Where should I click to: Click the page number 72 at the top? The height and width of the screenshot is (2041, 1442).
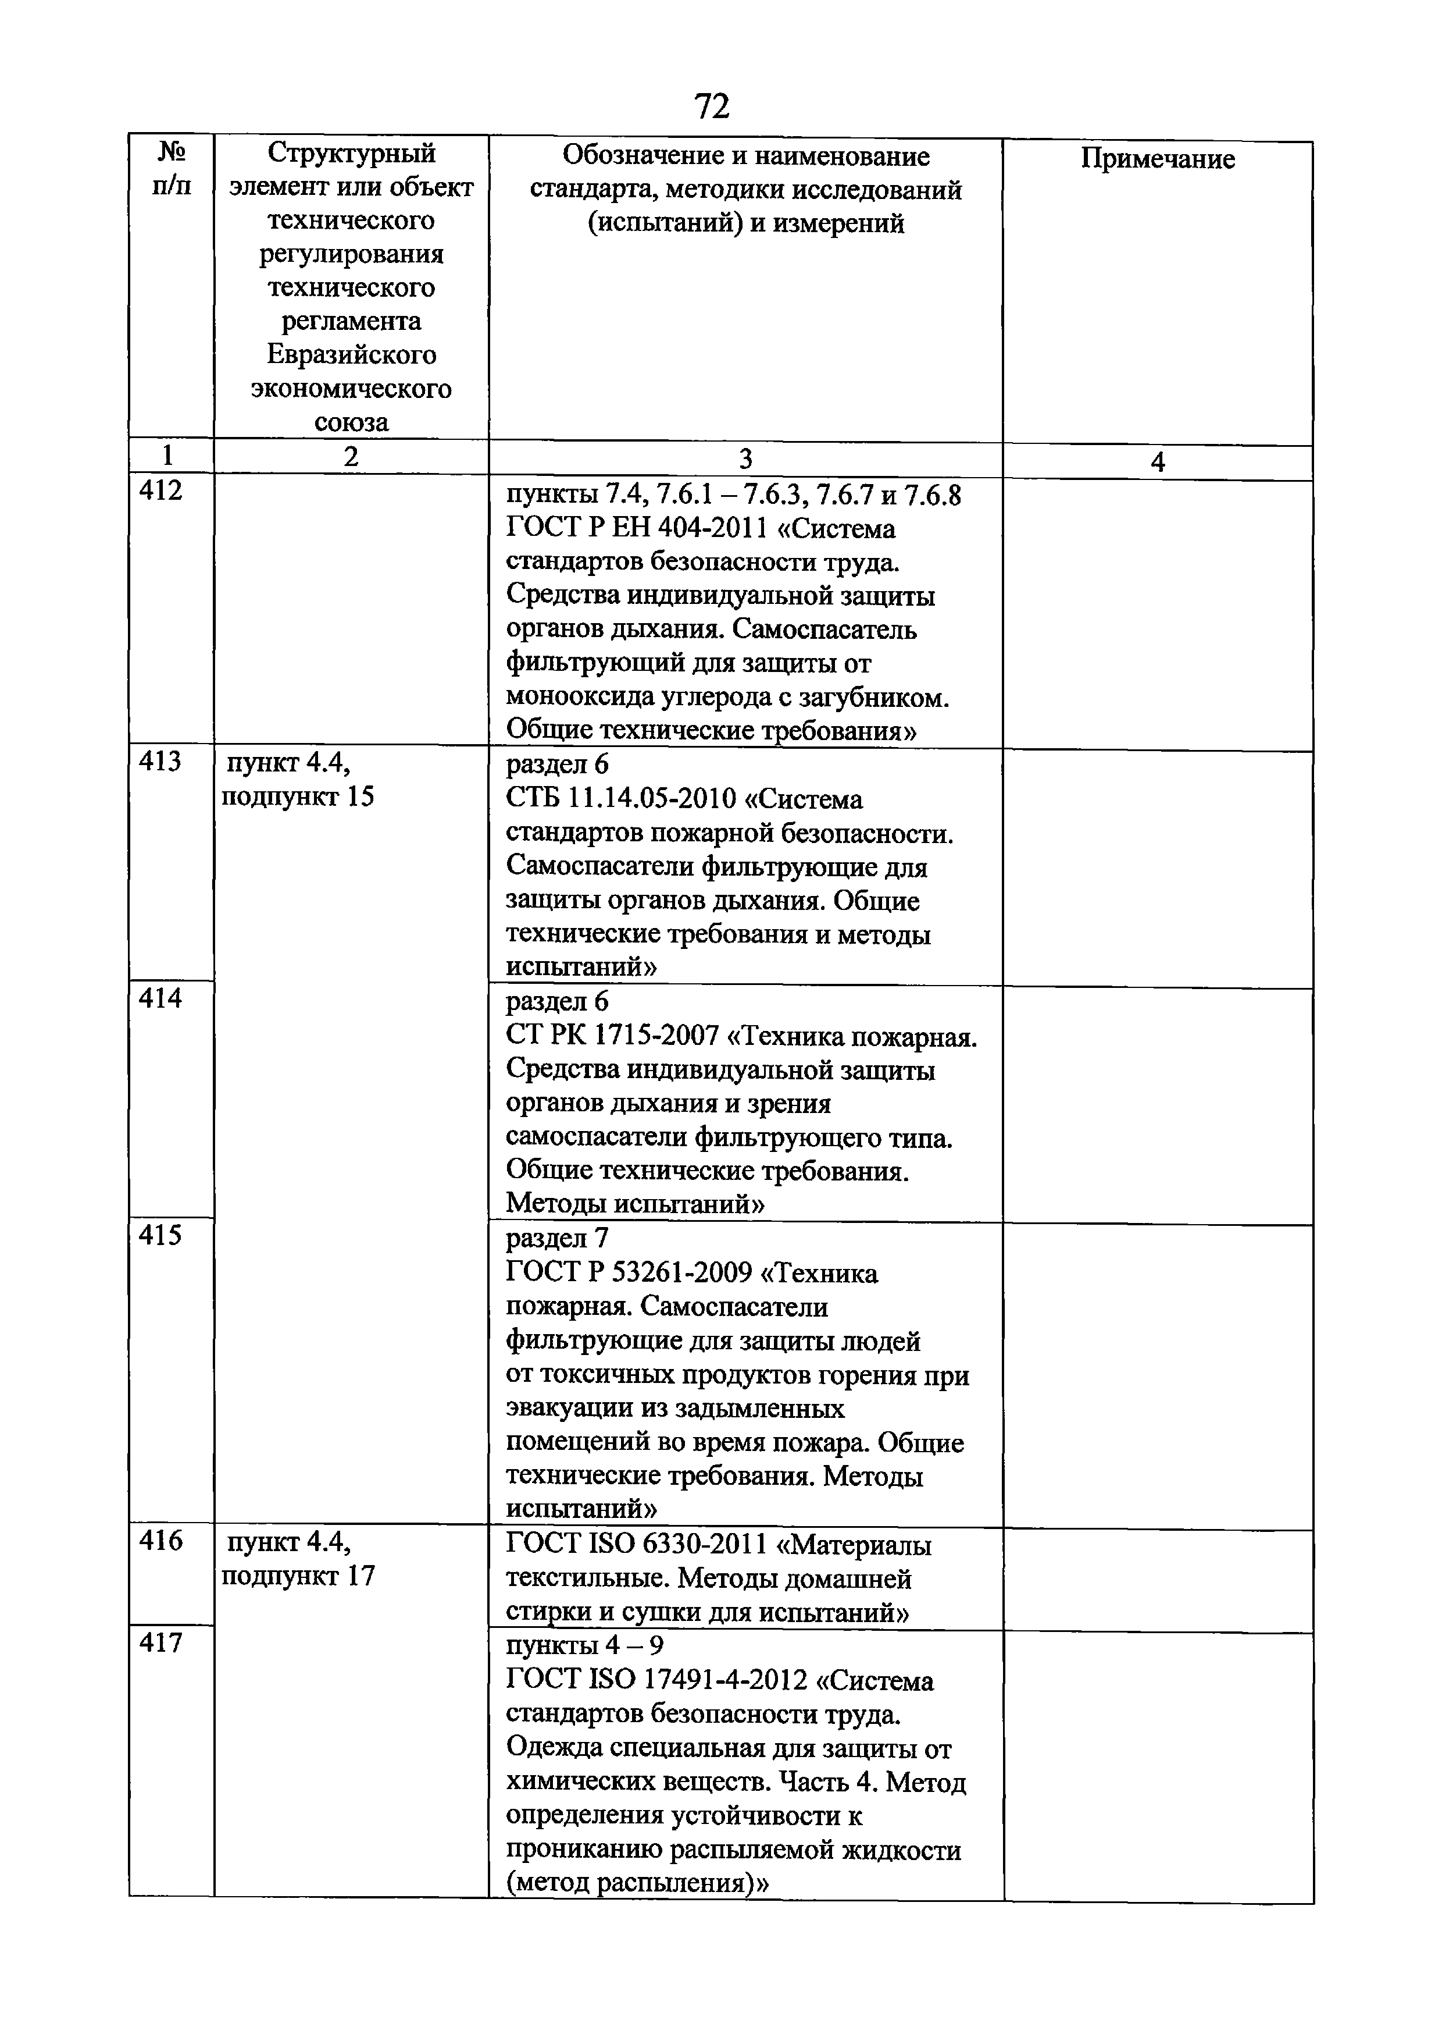point(712,106)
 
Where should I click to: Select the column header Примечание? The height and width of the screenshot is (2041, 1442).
point(1157,159)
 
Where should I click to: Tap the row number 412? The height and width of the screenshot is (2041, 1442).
point(161,490)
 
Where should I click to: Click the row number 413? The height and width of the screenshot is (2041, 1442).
point(161,762)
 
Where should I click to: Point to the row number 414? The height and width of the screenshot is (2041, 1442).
point(161,999)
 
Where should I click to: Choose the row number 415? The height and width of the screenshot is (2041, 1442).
point(161,1236)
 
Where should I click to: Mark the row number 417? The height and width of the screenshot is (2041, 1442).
point(161,1643)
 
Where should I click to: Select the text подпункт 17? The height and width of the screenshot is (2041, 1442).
point(298,1576)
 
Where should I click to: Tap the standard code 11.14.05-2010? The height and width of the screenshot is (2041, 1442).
point(652,799)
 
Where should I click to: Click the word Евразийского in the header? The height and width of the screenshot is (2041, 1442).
point(352,355)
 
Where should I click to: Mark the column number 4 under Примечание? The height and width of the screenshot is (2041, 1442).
point(1157,462)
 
